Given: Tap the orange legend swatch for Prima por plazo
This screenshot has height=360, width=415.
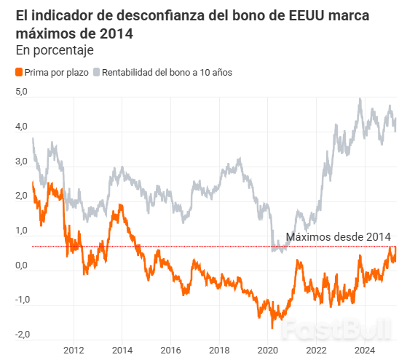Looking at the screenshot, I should [x=18, y=73].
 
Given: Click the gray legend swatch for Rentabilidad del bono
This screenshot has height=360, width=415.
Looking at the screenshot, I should [x=96, y=73].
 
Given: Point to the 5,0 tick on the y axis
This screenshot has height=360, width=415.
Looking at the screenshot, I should [x=22, y=92].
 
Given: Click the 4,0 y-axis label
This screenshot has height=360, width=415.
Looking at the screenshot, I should [x=22, y=127].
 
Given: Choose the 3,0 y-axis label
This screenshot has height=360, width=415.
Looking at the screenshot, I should [x=22, y=161].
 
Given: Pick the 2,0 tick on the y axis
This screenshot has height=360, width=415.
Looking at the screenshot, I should [x=22, y=196].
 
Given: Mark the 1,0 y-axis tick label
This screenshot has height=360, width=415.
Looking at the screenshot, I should [x=22, y=231].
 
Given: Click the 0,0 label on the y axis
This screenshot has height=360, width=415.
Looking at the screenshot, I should [x=22, y=265].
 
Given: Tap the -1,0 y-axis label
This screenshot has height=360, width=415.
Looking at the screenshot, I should [x=20, y=300].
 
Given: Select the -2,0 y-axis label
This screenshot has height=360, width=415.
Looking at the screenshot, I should [x=20, y=335].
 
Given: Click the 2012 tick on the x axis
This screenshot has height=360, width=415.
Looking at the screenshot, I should [x=74, y=350].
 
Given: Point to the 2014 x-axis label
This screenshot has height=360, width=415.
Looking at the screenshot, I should [x=122, y=350].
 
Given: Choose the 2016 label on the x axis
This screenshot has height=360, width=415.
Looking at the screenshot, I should [x=170, y=350].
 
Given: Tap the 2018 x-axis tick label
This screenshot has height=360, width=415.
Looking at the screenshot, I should [x=218, y=350].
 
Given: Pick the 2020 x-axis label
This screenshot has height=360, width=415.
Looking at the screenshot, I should [x=267, y=350].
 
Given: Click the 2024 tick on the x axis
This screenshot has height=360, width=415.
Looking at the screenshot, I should [x=364, y=350].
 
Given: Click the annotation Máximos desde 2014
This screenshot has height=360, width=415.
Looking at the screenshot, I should [x=338, y=237].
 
